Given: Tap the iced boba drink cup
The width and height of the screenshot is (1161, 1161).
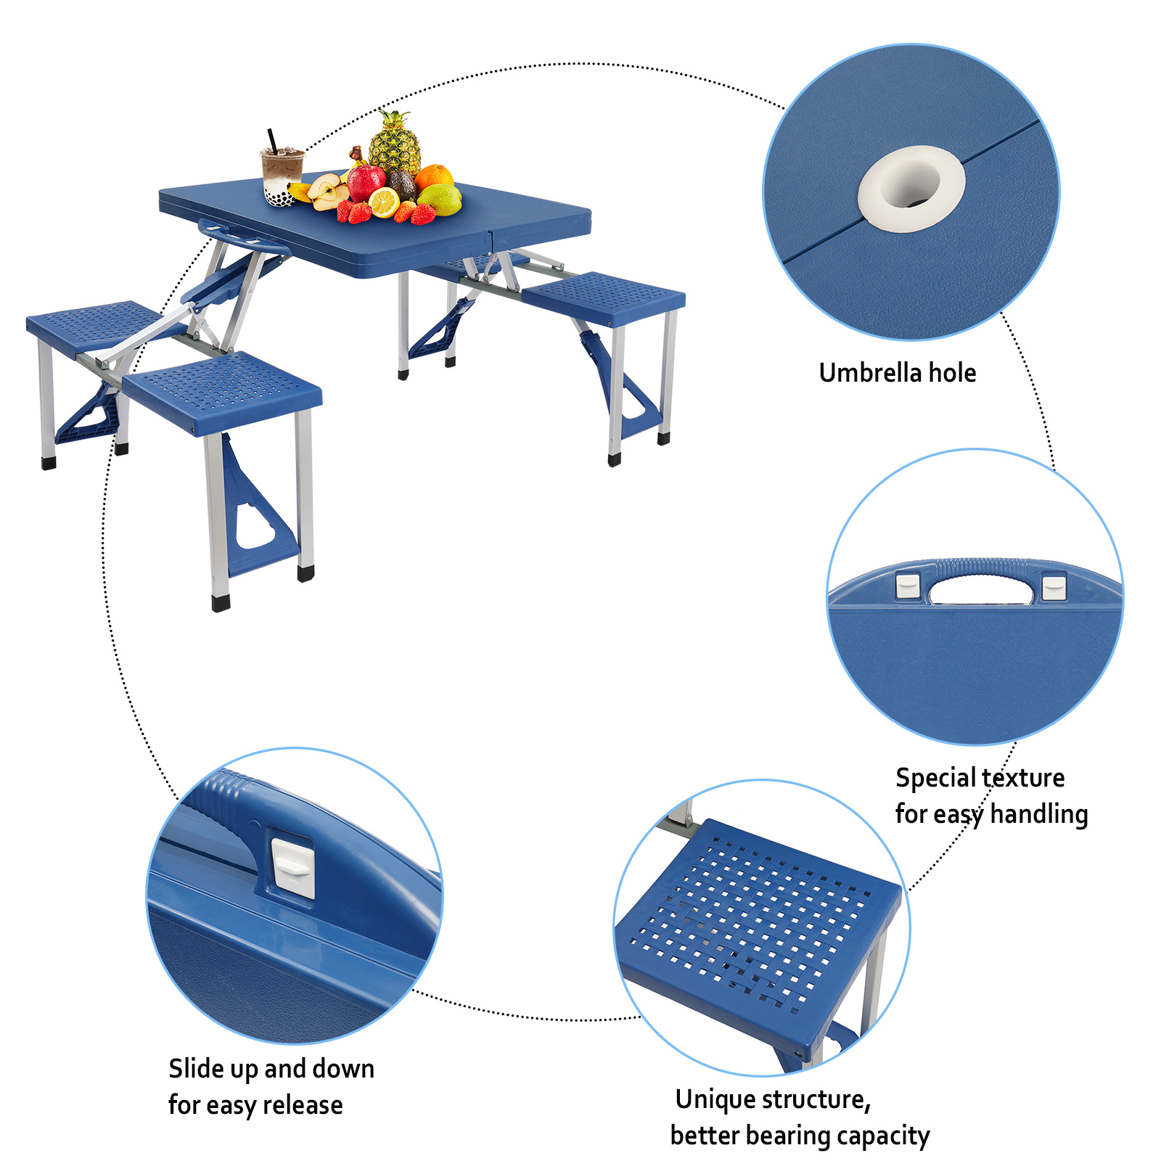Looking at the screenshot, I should click(x=282, y=174).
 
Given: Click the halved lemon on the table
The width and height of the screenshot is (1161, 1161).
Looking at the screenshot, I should click(x=384, y=202).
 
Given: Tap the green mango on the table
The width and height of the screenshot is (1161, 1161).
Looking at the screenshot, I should click(x=440, y=200).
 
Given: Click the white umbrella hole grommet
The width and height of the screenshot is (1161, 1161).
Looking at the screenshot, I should click(x=911, y=188).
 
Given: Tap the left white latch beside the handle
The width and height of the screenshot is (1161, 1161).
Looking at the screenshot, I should click(x=907, y=586).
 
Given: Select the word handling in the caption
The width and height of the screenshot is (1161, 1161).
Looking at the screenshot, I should click(x=1038, y=814).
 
